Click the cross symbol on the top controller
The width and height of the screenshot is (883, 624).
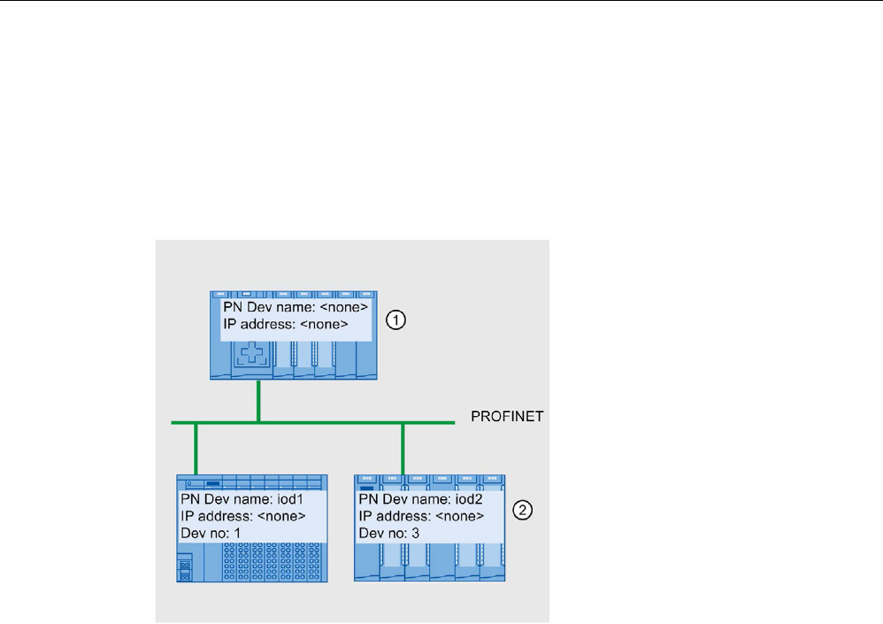(250, 358)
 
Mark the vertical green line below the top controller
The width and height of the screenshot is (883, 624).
(258, 399)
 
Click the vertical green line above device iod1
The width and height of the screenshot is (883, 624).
(195, 448)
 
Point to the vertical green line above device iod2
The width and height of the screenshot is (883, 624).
(403, 448)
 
